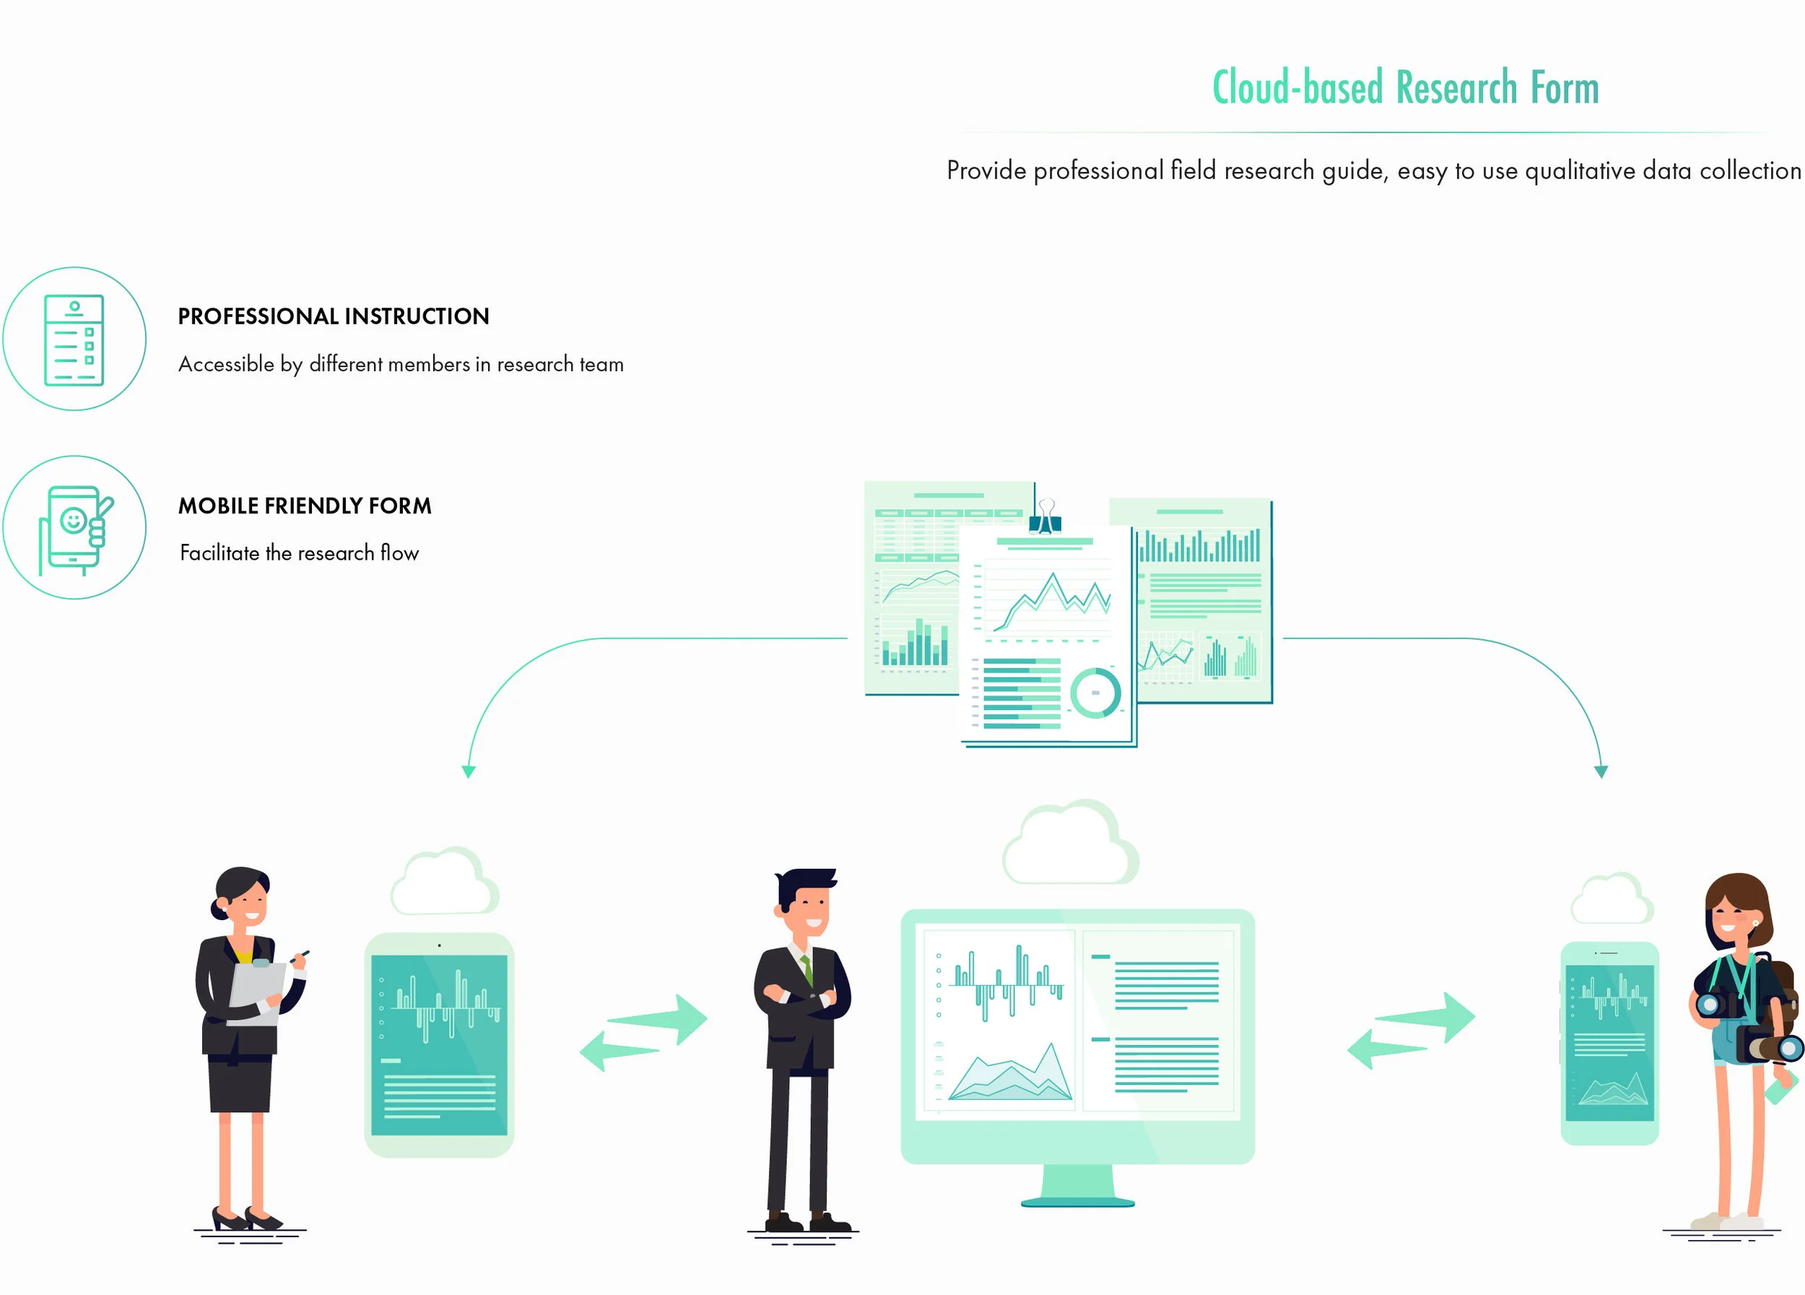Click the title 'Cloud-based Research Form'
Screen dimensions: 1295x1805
pyautogui.click(x=1405, y=87)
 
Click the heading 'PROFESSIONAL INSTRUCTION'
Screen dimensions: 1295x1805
pyautogui.click(x=333, y=317)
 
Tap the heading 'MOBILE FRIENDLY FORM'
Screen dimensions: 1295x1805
pyautogui.click(x=304, y=506)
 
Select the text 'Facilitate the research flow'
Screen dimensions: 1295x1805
pyautogui.click(x=298, y=553)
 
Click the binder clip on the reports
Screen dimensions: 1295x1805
pyautogui.click(x=1045, y=517)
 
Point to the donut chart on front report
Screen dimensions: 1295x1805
pyautogui.click(x=1095, y=693)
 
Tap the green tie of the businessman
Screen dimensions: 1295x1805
pyautogui.click(x=808, y=970)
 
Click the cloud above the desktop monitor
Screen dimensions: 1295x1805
pyautogui.click(x=1069, y=844)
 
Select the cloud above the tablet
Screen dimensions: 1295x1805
pyautogui.click(x=444, y=883)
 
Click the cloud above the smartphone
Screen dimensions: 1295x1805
pyautogui.click(x=1612, y=899)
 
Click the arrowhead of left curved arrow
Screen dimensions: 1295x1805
pyautogui.click(x=469, y=771)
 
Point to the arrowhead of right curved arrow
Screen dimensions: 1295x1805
pyautogui.click(x=1601, y=771)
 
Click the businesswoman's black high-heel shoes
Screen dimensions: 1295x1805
pyautogui.click(x=246, y=1218)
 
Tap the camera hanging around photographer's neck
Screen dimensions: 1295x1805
pyautogui.click(x=1711, y=1005)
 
